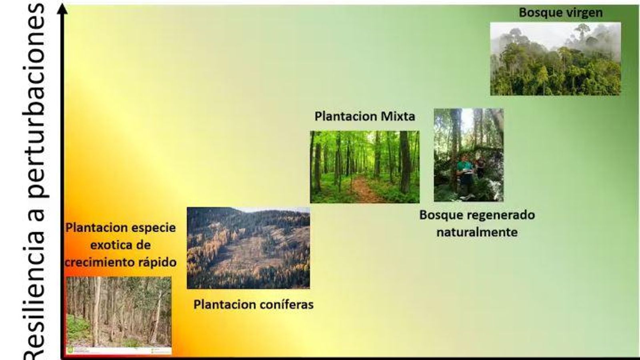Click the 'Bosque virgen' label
click(x=560, y=13)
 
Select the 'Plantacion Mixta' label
click(x=364, y=116)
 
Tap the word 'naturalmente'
click(x=477, y=232)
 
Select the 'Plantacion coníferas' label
click(x=253, y=305)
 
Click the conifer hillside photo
click(x=248, y=248)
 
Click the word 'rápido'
click(x=157, y=262)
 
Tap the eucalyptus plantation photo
click(x=118, y=314)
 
